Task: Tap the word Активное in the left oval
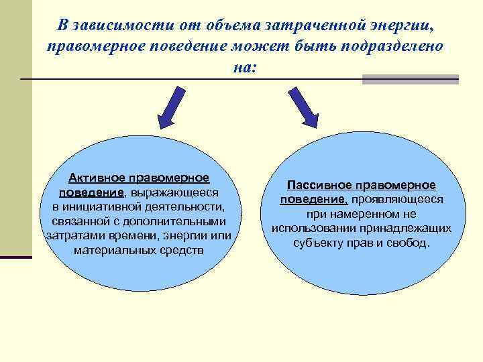click(99, 178)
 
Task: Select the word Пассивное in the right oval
click(320, 184)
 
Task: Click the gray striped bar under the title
click(410, 80)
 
